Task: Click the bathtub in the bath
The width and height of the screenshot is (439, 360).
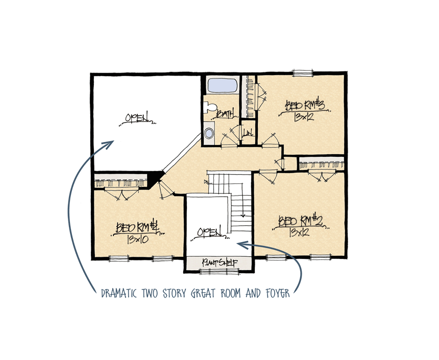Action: [222, 85]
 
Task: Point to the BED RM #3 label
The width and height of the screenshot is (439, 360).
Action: [305, 106]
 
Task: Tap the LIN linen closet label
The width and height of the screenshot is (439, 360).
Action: [249, 134]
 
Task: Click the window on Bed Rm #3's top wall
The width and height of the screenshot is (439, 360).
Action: [302, 72]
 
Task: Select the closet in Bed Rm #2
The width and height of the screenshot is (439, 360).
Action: [322, 165]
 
